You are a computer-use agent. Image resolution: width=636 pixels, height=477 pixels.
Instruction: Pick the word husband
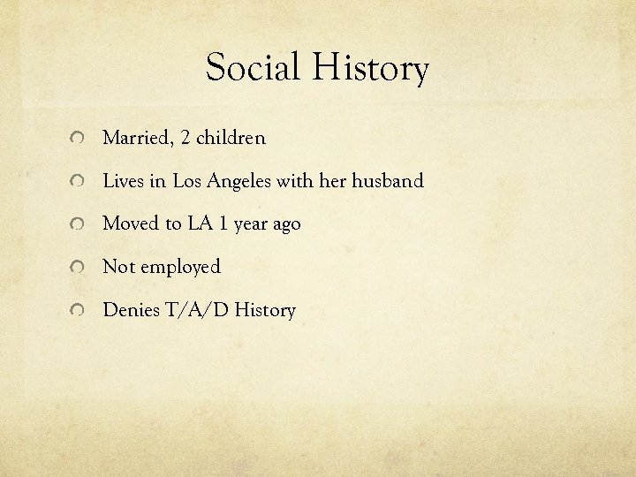click(x=388, y=181)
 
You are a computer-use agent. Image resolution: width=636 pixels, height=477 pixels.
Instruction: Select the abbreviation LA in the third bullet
click(x=197, y=224)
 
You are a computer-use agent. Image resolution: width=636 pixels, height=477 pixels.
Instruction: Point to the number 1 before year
click(x=225, y=224)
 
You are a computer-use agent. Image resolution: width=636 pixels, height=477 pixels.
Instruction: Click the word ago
click(x=284, y=225)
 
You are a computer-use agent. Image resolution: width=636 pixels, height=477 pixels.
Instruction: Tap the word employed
click(x=178, y=268)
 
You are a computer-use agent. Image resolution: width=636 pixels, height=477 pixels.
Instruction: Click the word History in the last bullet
click(x=265, y=310)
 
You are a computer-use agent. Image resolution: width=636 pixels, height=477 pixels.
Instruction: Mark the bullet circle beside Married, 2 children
click(x=79, y=140)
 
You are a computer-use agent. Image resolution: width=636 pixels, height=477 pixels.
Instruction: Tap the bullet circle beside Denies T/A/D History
click(x=79, y=311)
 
